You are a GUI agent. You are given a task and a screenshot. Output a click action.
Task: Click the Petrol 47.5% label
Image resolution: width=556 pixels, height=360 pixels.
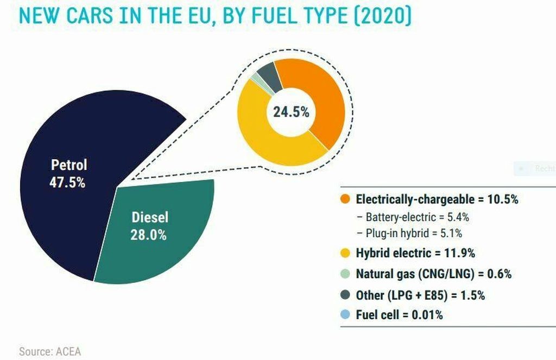pyautogui.click(x=68, y=173)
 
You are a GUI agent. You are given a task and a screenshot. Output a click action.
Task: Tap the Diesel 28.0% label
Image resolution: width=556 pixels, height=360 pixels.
pyautogui.click(x=149, y=226)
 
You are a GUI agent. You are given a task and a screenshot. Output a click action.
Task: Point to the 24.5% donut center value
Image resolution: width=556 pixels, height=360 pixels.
pyautogui.click(x=291, y=112)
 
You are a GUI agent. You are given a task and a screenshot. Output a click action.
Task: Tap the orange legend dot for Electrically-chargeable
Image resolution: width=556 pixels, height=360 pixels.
pyautogui.click(x=345, y=199)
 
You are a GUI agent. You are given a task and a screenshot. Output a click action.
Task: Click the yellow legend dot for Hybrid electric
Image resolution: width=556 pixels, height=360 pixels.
pyautogui.click(x=345, y=252)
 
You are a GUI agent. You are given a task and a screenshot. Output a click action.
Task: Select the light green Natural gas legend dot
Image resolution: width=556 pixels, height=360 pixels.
pyautogui.click(x=345, y=274)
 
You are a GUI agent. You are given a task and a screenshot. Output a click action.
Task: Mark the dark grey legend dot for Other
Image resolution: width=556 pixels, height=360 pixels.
pyautogui.click(x=345, y=295)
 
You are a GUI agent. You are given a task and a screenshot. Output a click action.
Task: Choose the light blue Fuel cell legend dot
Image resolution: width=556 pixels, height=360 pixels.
pyautogui.click(x=345, y=315)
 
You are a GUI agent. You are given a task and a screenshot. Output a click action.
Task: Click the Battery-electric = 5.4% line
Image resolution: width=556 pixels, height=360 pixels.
pyautogui.click(x=413, y=217)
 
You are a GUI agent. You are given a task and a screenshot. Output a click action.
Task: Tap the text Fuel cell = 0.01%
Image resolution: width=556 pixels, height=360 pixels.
pyautogui.click(x=399, y=315)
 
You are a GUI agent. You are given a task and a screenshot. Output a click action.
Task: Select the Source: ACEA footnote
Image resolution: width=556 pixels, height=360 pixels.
pyautogui.click(x=50, y=351)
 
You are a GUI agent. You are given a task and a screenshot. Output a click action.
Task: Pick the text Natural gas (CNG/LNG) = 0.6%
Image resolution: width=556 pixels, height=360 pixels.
pyautogui.click(x=433, y=274)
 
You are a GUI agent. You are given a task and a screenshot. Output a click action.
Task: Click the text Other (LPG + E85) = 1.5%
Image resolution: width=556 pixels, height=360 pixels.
pyautogui.click(x=420, y=295)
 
